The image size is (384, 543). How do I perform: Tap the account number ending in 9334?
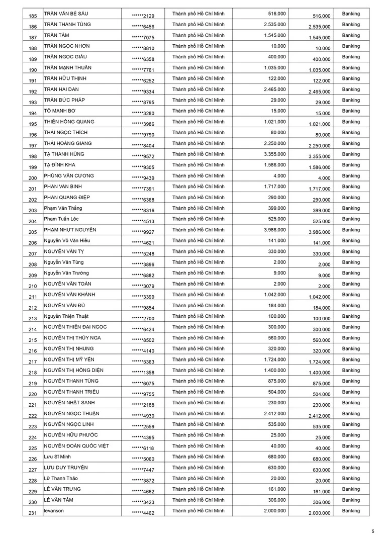(143, 92)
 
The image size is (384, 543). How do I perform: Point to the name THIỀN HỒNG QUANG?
(69, 122)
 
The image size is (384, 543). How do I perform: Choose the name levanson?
(54, 511)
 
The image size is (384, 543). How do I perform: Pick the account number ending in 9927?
(143, 232)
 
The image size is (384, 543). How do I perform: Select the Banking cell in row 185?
(351, 14)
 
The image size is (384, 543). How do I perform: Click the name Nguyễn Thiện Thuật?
(67, 316)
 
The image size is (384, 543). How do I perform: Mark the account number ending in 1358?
(143, 373)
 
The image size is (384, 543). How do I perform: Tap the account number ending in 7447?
(143, 470)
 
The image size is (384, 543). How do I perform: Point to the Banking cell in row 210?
(351, 284)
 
